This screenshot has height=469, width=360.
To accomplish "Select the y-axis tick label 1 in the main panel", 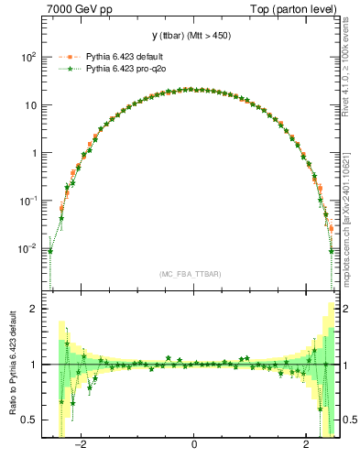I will pos(34,153).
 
